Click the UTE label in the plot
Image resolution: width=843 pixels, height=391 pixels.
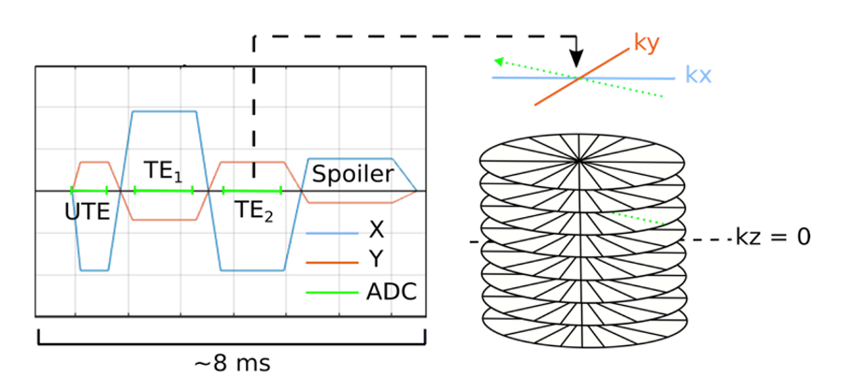pos(88,211)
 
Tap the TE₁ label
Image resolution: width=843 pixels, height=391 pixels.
pos(164,172)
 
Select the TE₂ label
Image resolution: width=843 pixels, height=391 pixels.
pos(253,211)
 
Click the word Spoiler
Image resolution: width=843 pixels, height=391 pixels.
pos(351,174)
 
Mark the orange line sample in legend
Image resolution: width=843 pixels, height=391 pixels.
pos(331,264)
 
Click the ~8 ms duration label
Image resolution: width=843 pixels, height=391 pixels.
pos(232,362)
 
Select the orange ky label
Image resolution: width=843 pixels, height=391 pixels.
pos(648,42)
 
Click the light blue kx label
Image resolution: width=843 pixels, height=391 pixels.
pos(700,74)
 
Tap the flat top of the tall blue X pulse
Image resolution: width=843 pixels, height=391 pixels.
pos(164,112)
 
